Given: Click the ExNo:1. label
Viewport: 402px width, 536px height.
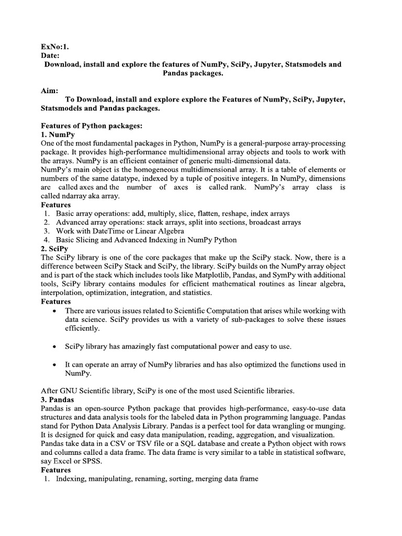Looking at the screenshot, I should pyautogui.click(x=54, y=46).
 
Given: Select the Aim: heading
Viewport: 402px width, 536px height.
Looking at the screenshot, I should pyautogui.click(x=49, y=91).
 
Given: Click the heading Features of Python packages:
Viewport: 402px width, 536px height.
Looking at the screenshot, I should pyautogui.click(x=88, y=126).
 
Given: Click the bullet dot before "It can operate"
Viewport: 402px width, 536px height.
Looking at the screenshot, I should pyautogui.click(x=54, y=364).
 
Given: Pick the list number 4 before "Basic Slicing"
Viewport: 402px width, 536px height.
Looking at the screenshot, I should pyautogui.click(x=47, y=240).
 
